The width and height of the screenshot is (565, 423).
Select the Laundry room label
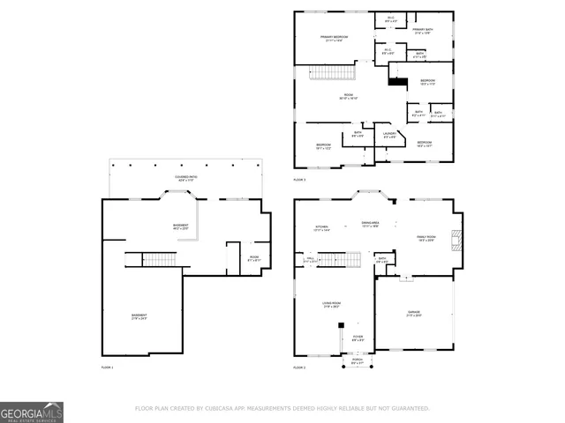389,136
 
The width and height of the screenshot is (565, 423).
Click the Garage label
414,314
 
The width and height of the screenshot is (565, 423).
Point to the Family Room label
427,238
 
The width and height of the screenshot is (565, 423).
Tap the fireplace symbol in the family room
456,242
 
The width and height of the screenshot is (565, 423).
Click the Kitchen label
322,228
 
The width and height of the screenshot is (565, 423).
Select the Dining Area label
370,225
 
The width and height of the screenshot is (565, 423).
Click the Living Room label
331,305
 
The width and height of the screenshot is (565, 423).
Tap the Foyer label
358,338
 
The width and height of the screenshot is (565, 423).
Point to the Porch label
357,360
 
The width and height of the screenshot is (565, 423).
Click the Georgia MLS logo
32,412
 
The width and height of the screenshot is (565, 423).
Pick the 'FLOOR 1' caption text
107,366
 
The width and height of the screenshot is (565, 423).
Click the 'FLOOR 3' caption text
299,179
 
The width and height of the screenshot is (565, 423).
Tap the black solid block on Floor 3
397,81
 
